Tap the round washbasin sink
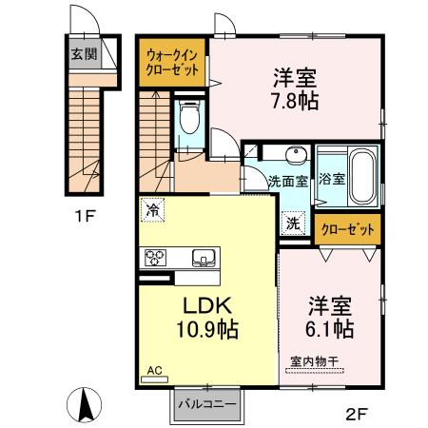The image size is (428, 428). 297,155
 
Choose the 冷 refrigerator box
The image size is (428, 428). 152,205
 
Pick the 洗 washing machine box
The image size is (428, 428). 295,224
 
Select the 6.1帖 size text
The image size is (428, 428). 328,329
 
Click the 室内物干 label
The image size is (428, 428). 313,361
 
